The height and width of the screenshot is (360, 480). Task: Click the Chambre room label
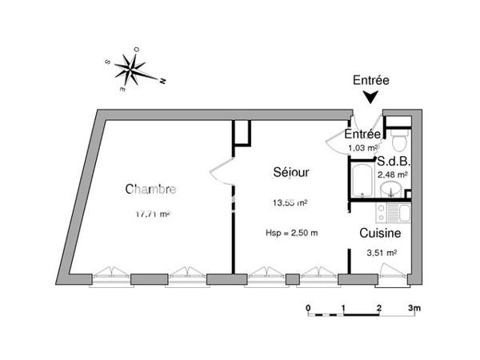point(150,190)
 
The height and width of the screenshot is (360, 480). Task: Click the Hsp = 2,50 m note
point(291,233)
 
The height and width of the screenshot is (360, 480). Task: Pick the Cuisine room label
point(379,234)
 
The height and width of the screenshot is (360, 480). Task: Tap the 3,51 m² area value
point(381,253)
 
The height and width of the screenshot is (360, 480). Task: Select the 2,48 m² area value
point(394,174)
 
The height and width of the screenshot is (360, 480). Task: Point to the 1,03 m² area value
point(362,148)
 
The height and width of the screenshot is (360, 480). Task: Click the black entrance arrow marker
point(370,98)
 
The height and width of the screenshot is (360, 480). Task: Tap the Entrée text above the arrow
point(370,80)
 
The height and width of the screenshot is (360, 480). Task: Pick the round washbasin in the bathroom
point(391,190)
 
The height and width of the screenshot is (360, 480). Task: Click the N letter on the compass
point(162,81)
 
